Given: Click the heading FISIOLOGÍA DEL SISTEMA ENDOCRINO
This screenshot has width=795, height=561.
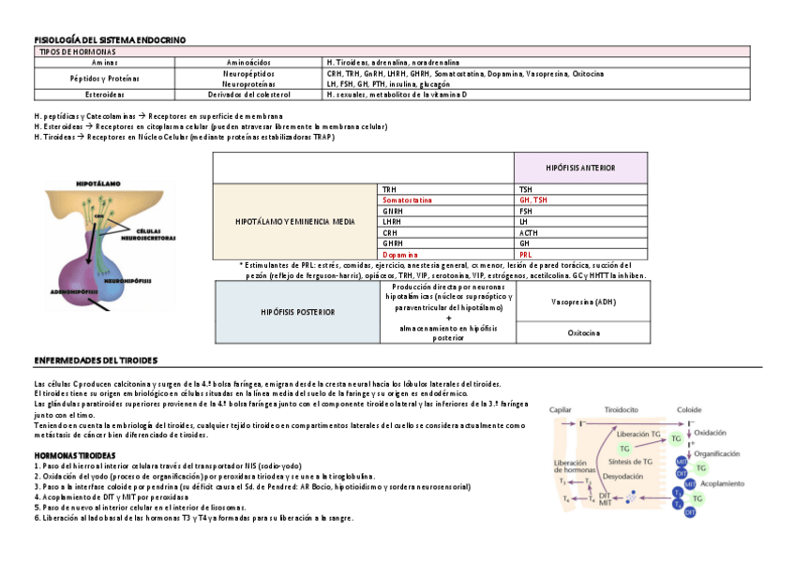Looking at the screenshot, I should [110, 39].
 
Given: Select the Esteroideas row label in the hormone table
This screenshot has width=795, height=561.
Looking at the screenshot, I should [102, 94].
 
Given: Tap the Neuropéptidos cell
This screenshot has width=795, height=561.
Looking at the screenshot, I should [248, 72].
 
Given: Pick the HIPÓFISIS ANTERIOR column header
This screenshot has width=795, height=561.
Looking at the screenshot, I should [581, 168].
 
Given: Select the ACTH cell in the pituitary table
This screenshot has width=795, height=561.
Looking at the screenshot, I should [529, 232].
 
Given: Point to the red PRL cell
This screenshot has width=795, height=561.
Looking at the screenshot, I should [525, 254].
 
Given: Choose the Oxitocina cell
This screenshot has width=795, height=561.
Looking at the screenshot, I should [583, 332].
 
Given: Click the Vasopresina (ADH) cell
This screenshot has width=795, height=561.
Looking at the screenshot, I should [583, 302].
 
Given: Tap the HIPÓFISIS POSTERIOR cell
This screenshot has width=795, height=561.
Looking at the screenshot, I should [297, 312].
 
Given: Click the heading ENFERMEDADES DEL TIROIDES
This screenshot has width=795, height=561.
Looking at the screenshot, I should [95, 360].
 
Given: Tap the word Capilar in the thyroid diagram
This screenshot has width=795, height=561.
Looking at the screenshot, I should [561, 408].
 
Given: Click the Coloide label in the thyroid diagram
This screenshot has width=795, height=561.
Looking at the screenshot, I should [689, 408].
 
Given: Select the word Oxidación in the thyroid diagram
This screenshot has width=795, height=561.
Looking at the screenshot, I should [711, 433].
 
